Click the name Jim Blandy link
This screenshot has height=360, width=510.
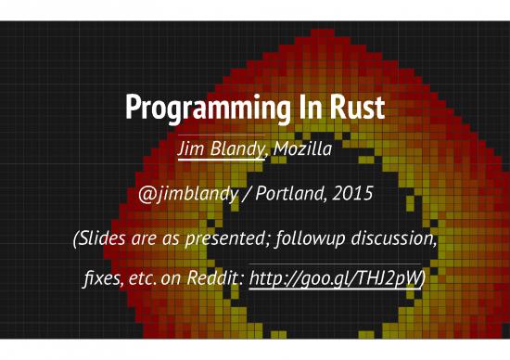pos(218,148)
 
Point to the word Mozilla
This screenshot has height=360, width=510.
pos(300,148)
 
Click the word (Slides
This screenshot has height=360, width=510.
pos(100,240)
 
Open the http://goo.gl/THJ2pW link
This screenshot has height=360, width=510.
pos(338,277)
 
